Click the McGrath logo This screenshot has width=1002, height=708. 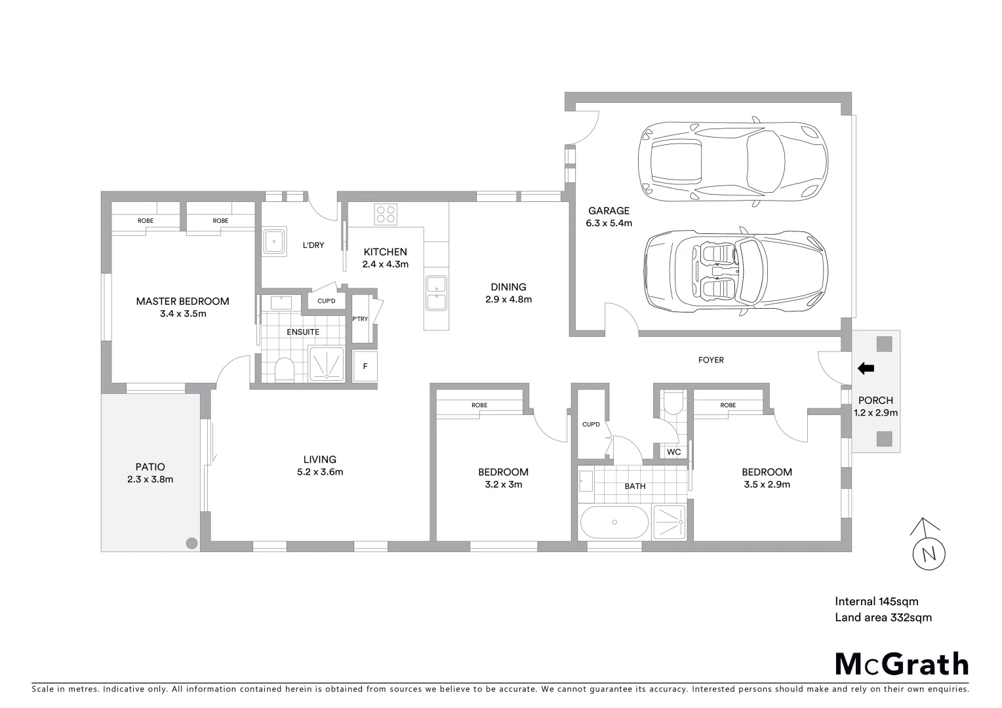[x=902, y=664]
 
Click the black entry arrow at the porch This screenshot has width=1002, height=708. [x=866, y=368]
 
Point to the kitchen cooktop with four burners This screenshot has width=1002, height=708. [x=385, y=214]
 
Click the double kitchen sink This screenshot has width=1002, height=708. [x=436, y=293]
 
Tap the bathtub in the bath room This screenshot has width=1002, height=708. [x=614, y=522]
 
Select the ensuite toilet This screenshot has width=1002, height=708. [x=285, y=370]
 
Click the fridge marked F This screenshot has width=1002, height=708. [x=365, y=366]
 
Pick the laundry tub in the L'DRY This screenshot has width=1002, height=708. [x=273, y=242]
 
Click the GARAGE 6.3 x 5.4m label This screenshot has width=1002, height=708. [x=609, y=217]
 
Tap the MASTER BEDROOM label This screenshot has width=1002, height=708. [x=182, y=307]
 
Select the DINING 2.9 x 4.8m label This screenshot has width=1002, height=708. [x=508, y=293]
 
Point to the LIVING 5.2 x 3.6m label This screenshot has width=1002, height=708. [x=319, y=465]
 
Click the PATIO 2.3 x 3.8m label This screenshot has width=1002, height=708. [x=150, y=473]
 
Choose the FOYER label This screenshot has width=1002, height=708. [x=711, y=360]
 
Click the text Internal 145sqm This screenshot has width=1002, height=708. [x=876, y=601]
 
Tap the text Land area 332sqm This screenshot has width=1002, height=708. [x=883, y=617]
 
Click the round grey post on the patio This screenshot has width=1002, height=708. [x=191, y=543]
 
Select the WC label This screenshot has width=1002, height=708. [x=673, y=452]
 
